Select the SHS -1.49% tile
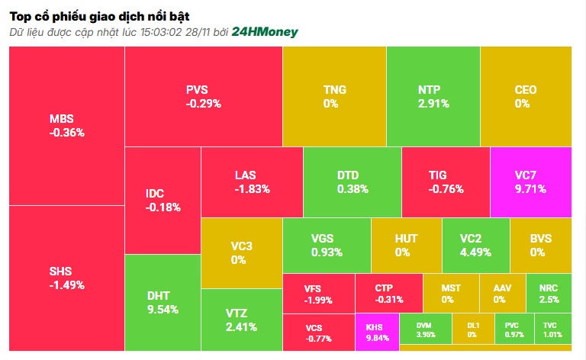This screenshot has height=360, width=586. tap(66, 278)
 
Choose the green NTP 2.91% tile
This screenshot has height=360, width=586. tap(433, 96)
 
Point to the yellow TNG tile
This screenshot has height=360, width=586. tap(334, 96)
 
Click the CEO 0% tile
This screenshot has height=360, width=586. tap(526, 96)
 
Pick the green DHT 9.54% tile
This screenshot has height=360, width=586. tap(163, 302)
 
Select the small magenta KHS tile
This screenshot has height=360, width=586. tap(377, 332)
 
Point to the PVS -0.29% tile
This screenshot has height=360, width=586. tap(203, 96)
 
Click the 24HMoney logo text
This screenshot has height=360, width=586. tap(264, 32)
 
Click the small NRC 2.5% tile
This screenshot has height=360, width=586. tap(549, 293)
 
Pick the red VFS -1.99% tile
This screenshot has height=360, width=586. tap(318, 294)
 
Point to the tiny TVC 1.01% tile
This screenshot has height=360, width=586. tap(553, 332)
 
